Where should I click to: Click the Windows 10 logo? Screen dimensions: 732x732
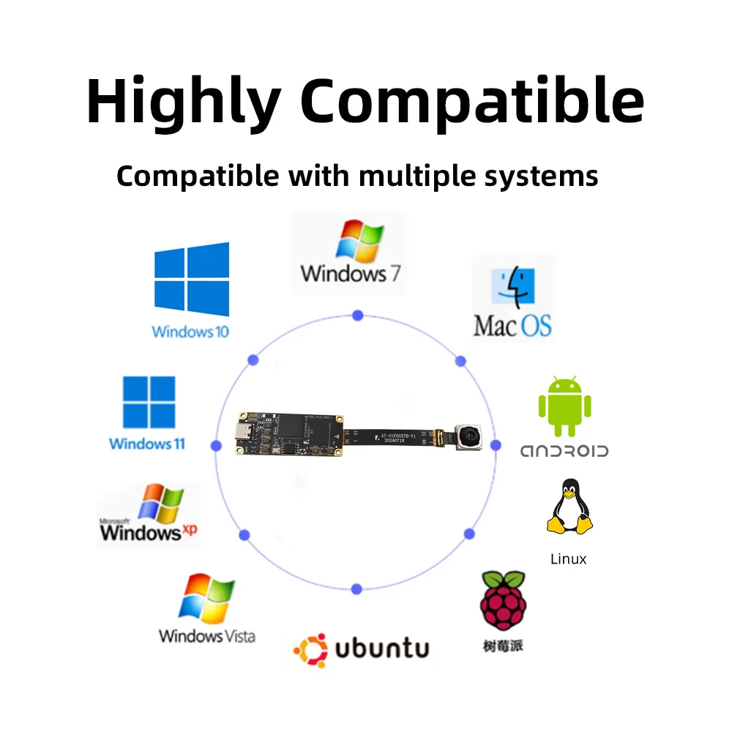191,279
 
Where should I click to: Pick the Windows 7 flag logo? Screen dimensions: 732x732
359,242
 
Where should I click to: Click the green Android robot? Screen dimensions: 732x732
564,407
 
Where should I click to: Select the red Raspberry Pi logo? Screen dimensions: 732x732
502,601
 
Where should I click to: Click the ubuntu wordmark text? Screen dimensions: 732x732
381,648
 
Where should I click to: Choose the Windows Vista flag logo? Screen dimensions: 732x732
207,599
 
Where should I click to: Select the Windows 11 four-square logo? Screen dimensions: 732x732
149,402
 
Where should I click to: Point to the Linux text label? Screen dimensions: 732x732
568,559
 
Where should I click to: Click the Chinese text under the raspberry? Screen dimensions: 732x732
504,646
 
